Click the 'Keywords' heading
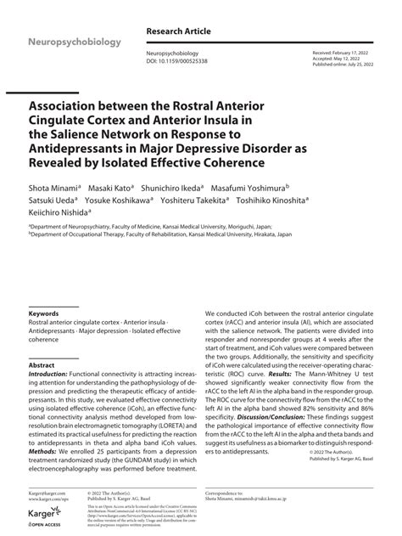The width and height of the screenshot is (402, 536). pos(43,313)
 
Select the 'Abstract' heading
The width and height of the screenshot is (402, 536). pos(42,364)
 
